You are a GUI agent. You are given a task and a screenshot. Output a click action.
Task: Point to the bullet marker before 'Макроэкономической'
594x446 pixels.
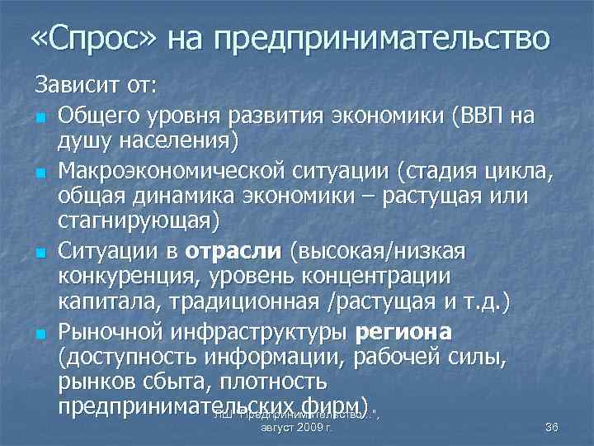point(39,172)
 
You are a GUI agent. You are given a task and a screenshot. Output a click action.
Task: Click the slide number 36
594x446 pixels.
point(552,427)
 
